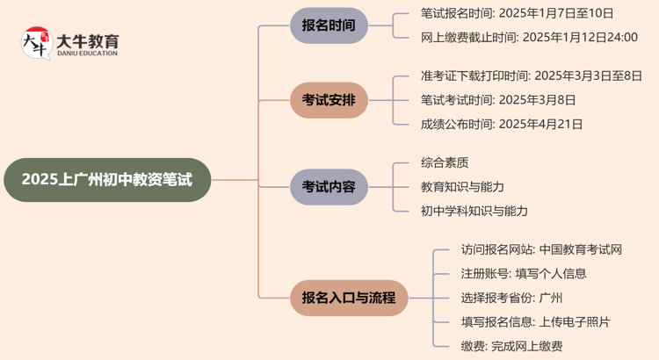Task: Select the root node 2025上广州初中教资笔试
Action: click(106, 180)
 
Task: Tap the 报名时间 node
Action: click(329, 25)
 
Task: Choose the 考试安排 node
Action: click(329, 99)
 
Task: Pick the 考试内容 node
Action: click(329, 186)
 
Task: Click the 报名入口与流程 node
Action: click(348, 297)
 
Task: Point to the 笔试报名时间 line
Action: click(517, 13)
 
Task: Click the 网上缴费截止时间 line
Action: click(528, 37)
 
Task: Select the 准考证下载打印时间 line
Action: click(531, 76)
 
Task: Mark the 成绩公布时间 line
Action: click(501, 124)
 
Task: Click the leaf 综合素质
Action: click(445, 162)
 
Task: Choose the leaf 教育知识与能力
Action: click(462, 186)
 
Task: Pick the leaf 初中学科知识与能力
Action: click(474, 211)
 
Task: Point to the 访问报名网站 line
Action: click(541, 249)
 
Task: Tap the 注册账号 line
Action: click(524, 273)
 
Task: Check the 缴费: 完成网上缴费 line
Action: click(511, 346)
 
